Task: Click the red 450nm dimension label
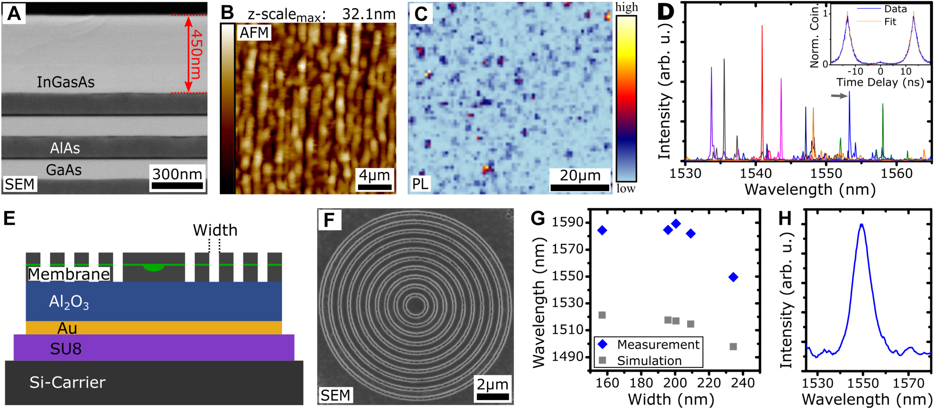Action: pyautogui.click(x=196, y=54)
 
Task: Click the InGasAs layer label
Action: pyautogui.click(x=66, y=82)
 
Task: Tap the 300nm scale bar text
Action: pyautogui.click(x=177, y=174)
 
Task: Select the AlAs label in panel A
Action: pyautogui.click(x=65, y=148)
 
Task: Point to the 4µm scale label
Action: pyautogui.click(x=374, y=175)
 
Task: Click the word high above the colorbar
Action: pyautogui.click(x=626, y=7)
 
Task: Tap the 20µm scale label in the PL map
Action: pyautogui.click(x=580, y=175)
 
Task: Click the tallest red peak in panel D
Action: pyautogui.click(x=762, y=27)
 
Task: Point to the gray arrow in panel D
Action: pyautogui.click(x=839, y=96)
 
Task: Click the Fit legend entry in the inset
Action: pyautogui.click(x=890, y=22)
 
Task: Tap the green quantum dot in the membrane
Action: pyautogui.click(x=153, y=267)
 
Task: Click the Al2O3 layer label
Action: pyautogui.click(x=69, y=302)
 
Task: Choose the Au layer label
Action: pyautogui.click(x=67, y=328)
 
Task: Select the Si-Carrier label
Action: pyautogui.click(x=67, y=382)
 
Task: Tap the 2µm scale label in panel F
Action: pyautogui.click(x=492, y=384)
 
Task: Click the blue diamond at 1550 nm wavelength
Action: pyautogui.click(x=733, y=277)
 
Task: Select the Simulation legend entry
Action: pyautogui.click(x=648, y=361)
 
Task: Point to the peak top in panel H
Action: pyautogui.click(x=862, y=225)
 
